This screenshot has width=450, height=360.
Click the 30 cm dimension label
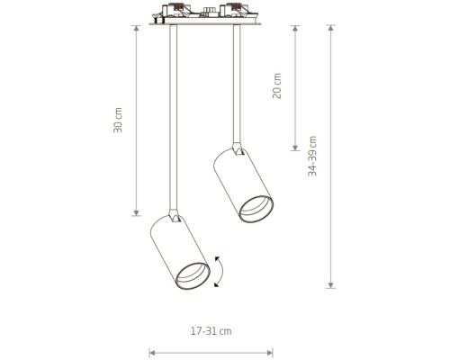coord(118,120)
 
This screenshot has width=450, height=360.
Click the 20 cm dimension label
coord(277,85)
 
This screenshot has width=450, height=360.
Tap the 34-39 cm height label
coord(312,156)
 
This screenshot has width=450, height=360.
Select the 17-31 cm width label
coord(211,331)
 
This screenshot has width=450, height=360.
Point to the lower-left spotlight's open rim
coord(193,276)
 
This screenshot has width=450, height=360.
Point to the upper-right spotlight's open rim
coord(256,209)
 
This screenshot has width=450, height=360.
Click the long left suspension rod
coord(173,118)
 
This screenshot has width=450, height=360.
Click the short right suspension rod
coord(237,84)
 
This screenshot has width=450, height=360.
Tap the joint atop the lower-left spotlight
coord(175,216)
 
